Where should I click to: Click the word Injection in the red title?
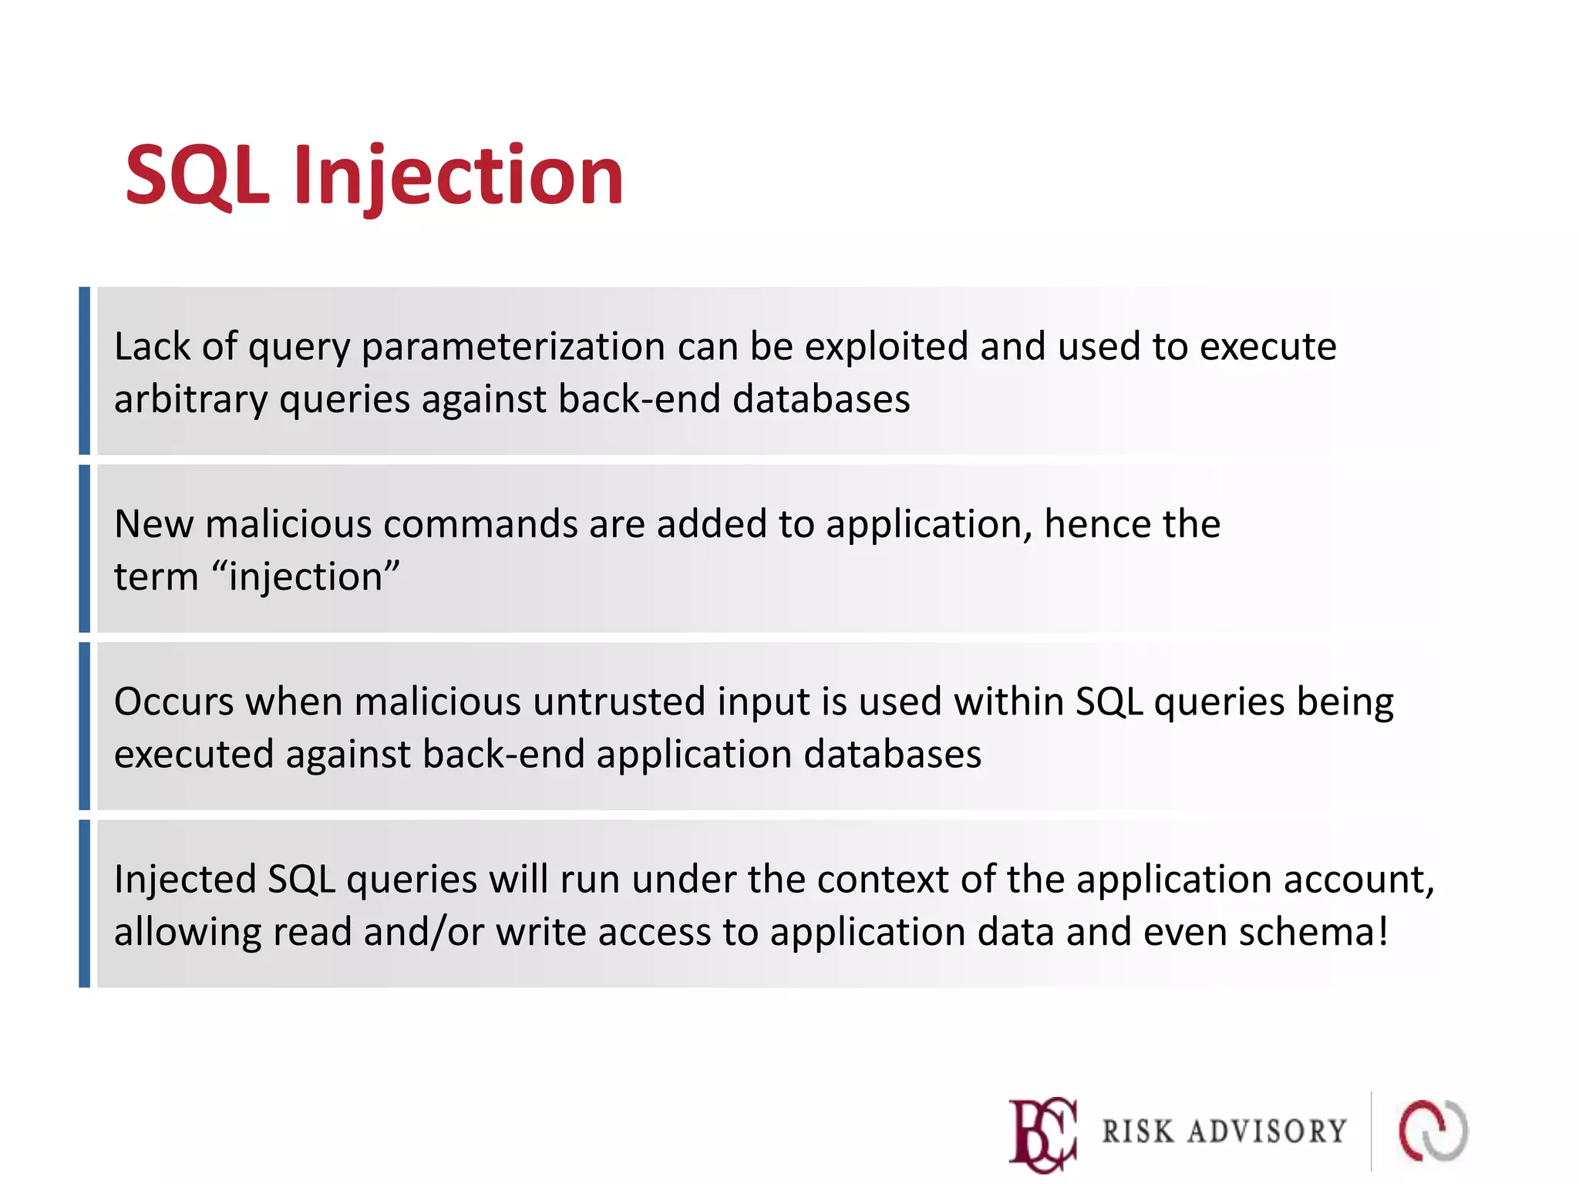pos(458,177)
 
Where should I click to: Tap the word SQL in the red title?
pos(197,177)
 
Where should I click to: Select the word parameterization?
pos(513,348)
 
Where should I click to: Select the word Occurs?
pos(174,702)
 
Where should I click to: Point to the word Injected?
pos(184,880)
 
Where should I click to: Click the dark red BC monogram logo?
pos(1043,1134)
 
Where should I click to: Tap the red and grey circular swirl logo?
pos(1433,1131)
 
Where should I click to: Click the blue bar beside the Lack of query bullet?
pos(85,371)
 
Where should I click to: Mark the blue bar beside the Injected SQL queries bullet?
pos(85,903)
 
